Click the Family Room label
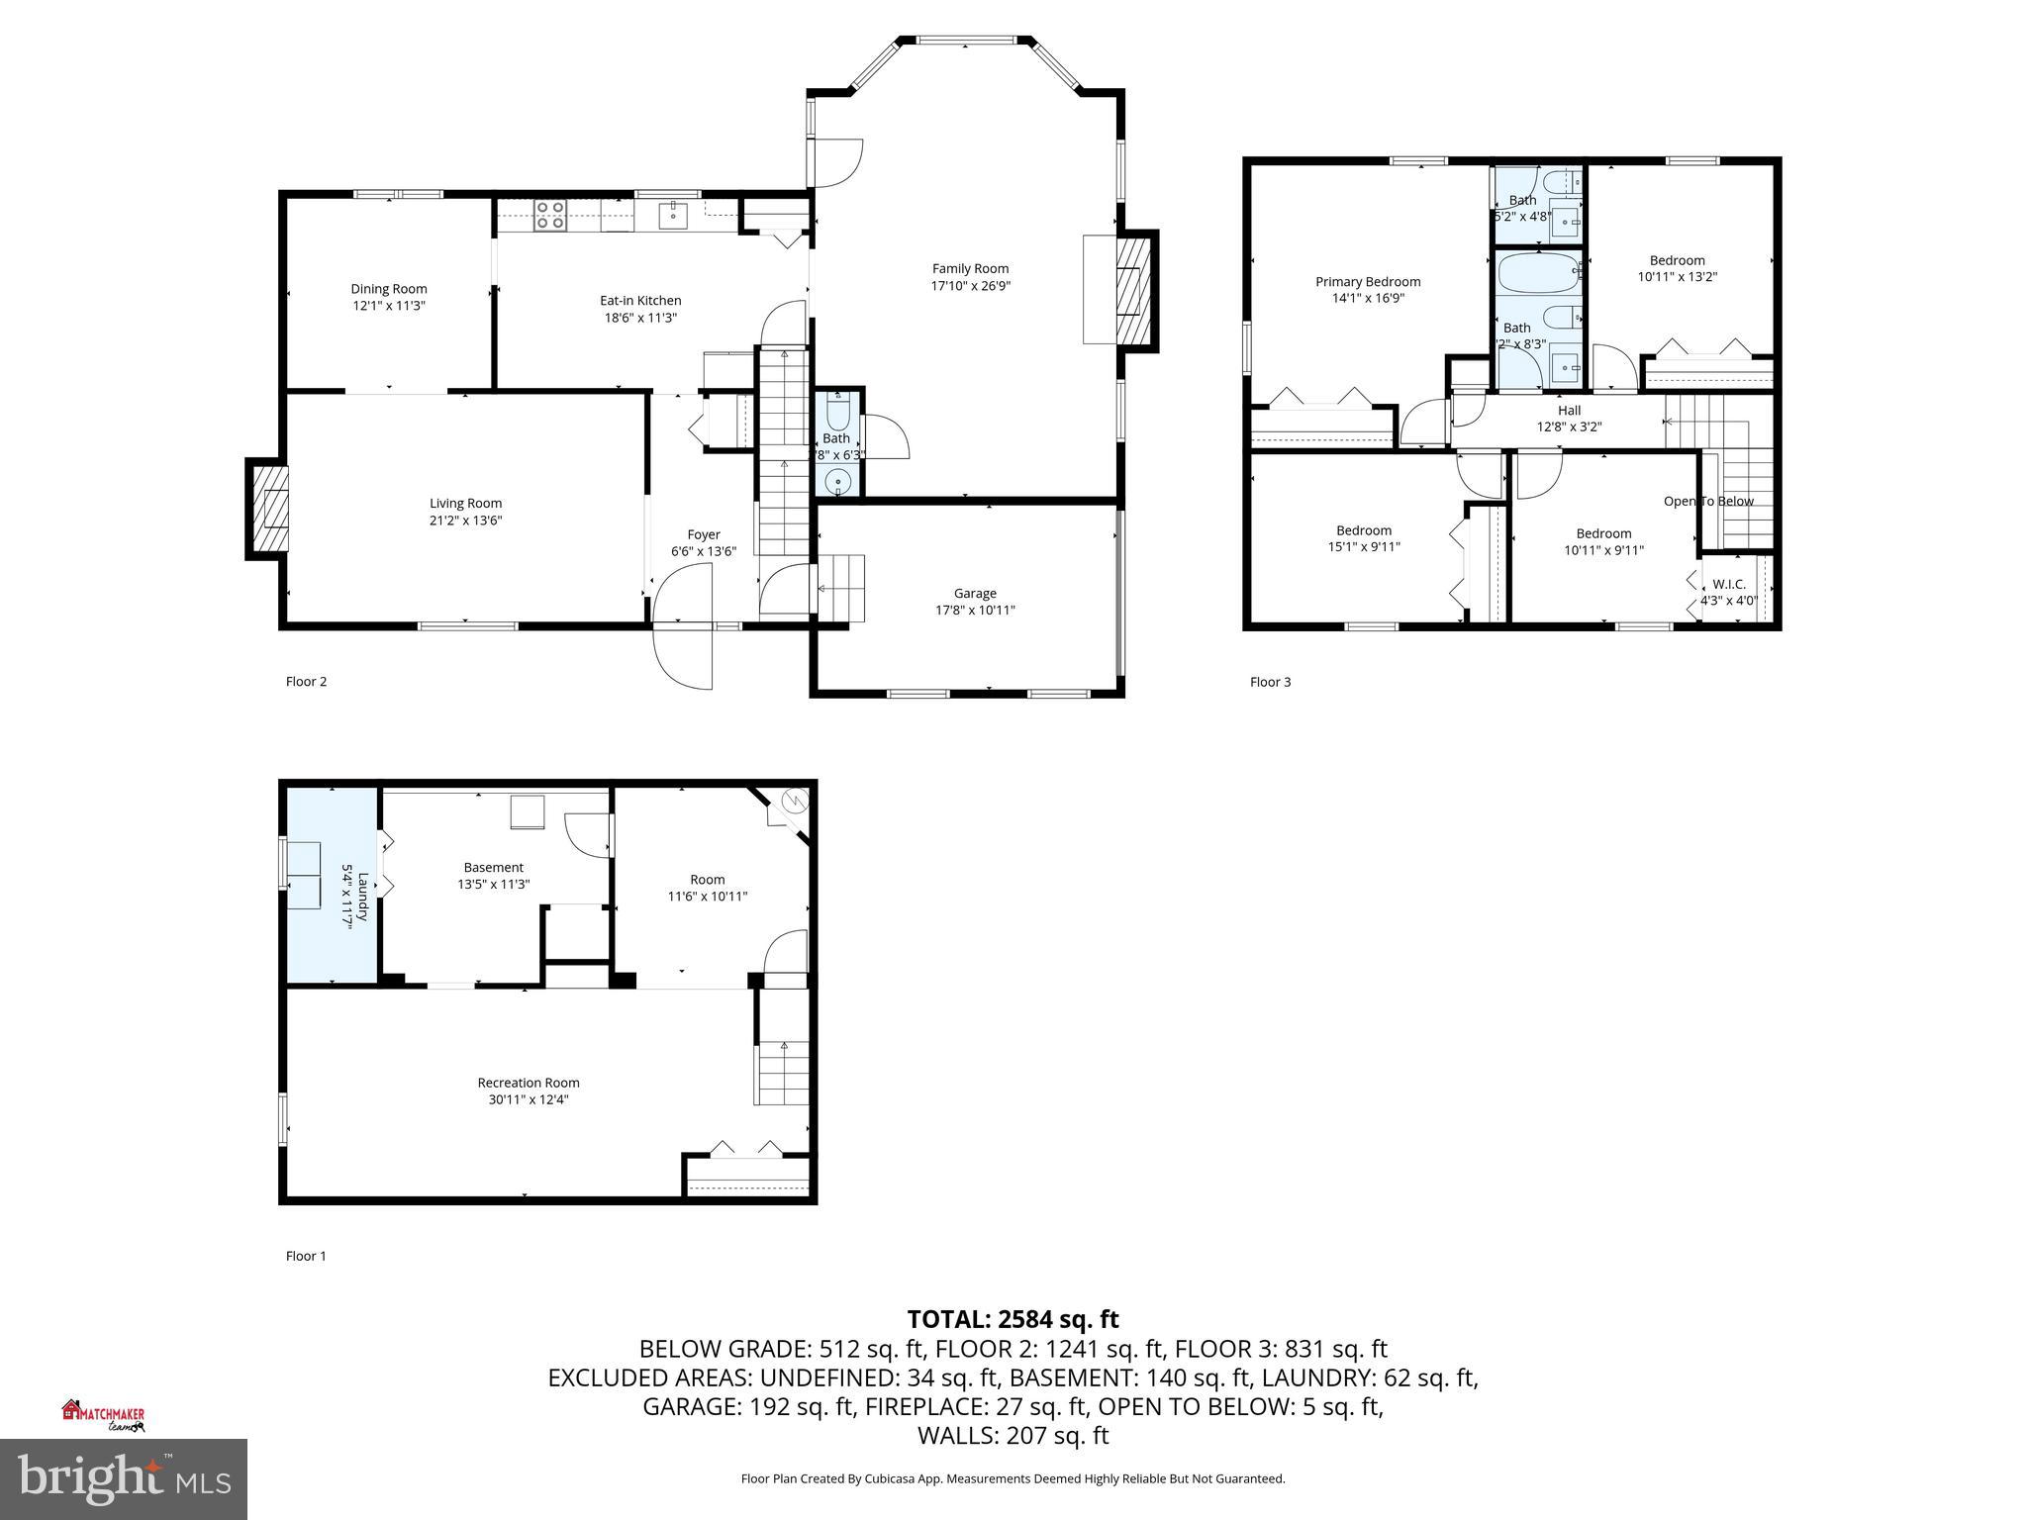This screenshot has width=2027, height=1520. pos(970,268)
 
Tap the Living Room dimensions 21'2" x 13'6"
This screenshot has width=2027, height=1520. pos(465,521)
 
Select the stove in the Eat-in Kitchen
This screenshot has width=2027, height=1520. pos(549,215)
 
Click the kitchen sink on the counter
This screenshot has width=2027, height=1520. pos(674,214)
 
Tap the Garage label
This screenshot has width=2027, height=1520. pos(975,593)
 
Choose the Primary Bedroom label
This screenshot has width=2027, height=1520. pos(1368,282)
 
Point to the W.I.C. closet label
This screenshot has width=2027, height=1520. pos(1729,584)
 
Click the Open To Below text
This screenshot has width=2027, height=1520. pos(1708,501)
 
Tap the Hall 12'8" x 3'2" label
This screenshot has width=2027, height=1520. pos(1569,419)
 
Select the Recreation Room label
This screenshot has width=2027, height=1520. pos(529,1083)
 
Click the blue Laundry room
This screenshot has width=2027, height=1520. pos(332,886)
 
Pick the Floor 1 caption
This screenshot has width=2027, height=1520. pos(306,1256)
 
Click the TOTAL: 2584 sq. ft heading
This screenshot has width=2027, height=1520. pos(1013,1319)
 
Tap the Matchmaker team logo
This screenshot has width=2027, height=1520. pos(103,1416)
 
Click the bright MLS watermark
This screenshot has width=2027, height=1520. pos(124,1478)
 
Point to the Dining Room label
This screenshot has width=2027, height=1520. pos(389,289)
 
